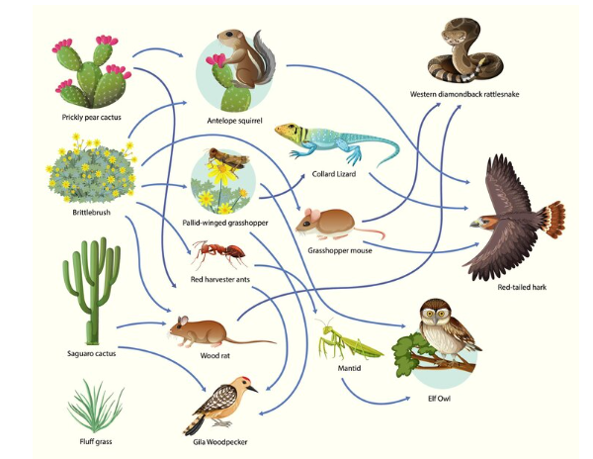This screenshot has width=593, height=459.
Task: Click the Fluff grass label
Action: click(x=96, y=442)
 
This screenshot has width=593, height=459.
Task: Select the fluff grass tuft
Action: click(x=97, y=406)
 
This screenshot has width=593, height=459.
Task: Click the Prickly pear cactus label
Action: click(x=91, y=117)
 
